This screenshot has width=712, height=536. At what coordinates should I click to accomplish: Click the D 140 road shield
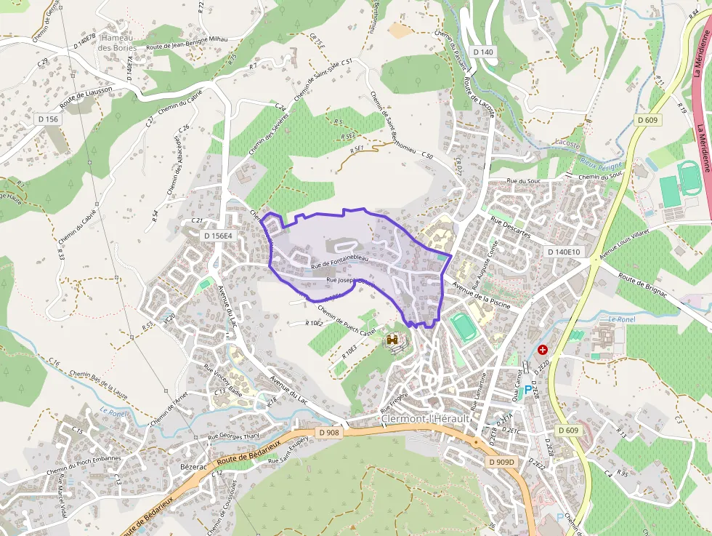(x=482, y=52)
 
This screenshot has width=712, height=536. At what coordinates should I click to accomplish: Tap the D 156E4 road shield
(x=218, y=236)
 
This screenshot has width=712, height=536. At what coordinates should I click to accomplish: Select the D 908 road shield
(x=328, y=433)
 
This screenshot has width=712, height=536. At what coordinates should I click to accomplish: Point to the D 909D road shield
(x=501, y=462)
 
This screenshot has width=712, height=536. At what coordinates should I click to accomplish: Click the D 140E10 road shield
(x=564, y=252)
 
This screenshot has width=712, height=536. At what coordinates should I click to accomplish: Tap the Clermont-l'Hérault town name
(x=426, y=420)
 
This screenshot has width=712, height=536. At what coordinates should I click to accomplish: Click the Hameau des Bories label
(x=116, y=42)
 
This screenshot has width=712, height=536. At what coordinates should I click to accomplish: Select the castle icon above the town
(x=393, y=340)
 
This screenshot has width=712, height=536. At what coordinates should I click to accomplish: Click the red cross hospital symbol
(x=542, y=350)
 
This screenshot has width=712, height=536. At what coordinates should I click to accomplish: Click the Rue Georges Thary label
(x=234, y=436)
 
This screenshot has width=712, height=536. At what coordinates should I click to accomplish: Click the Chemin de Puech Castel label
(x=347, y=320)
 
